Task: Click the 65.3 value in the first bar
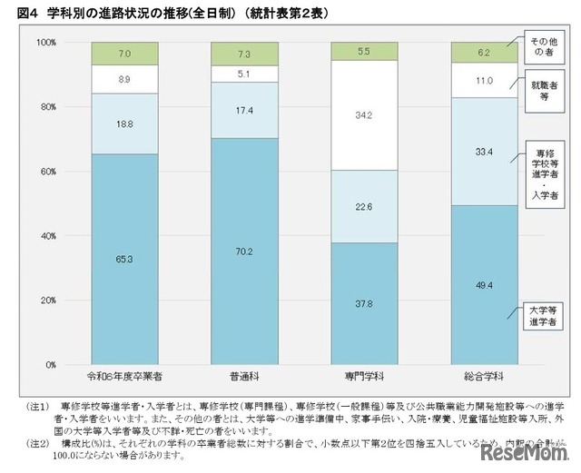124,259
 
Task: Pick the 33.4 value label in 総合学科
485,152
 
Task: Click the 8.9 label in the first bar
124,80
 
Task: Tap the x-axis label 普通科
245,375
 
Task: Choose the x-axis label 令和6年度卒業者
124,375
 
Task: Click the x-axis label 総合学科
485,375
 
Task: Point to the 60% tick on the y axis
46,171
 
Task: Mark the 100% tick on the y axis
46,43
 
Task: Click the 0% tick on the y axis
50,364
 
